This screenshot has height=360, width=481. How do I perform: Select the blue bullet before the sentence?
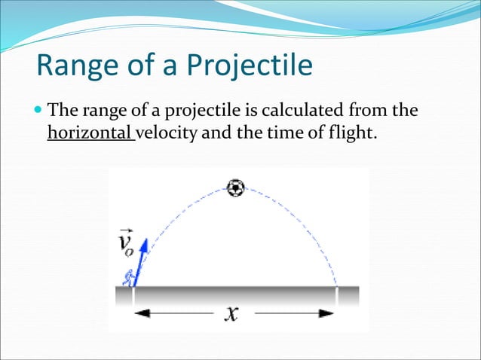(39, 112)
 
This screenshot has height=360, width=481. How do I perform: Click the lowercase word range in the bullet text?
(96, 112)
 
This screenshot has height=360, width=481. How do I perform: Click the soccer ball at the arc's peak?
(236, 188)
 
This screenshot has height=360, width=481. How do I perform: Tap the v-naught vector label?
(128, 243)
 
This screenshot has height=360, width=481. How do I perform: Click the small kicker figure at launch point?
(129, 279)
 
